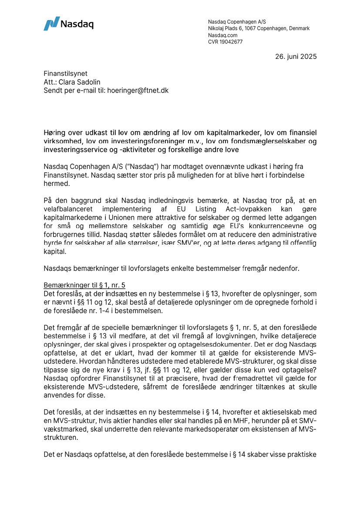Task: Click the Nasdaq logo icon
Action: [x=51, y=24]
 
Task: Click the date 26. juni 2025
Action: [x=296, y=56]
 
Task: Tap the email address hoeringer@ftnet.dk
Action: [x=138, y=91]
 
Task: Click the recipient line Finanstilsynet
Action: [x=65, y=74]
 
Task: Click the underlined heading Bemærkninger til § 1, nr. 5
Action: [x=84, y=285]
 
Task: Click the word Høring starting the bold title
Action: [x=54, y=133]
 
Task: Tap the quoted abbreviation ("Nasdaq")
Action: [x=142, y=167]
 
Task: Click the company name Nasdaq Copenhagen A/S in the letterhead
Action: [x=237, y=22]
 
